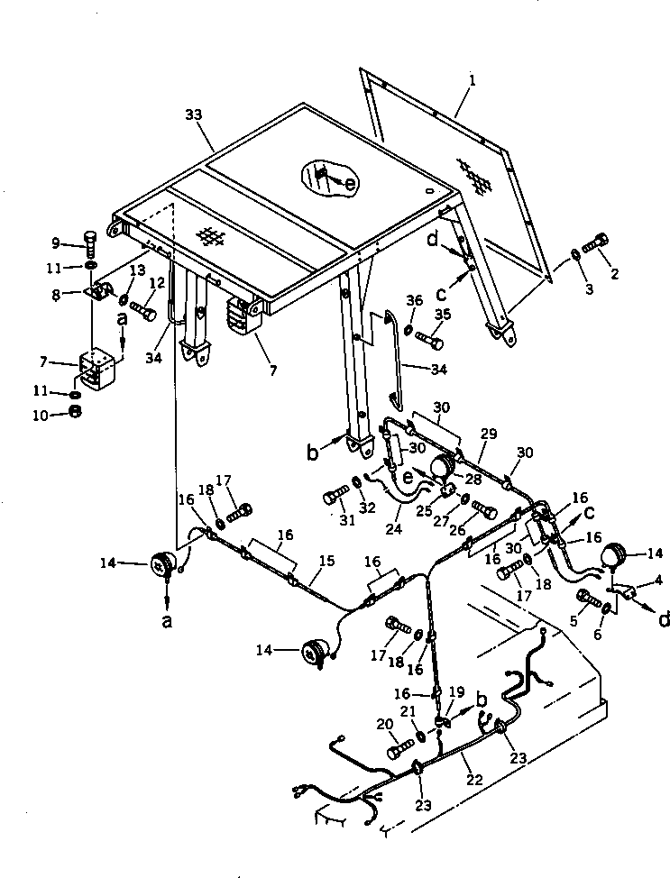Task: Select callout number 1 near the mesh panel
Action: click(x=472, y=80)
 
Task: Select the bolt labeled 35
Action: click(x=430, y=341)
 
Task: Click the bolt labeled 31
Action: click(x=335, y=496)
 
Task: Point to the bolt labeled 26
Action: click(x=484, y=509)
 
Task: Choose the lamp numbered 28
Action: click(x=442, y=468)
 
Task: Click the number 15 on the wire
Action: click(x=326, y=562)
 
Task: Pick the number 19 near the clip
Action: click(x=457, y=692)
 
